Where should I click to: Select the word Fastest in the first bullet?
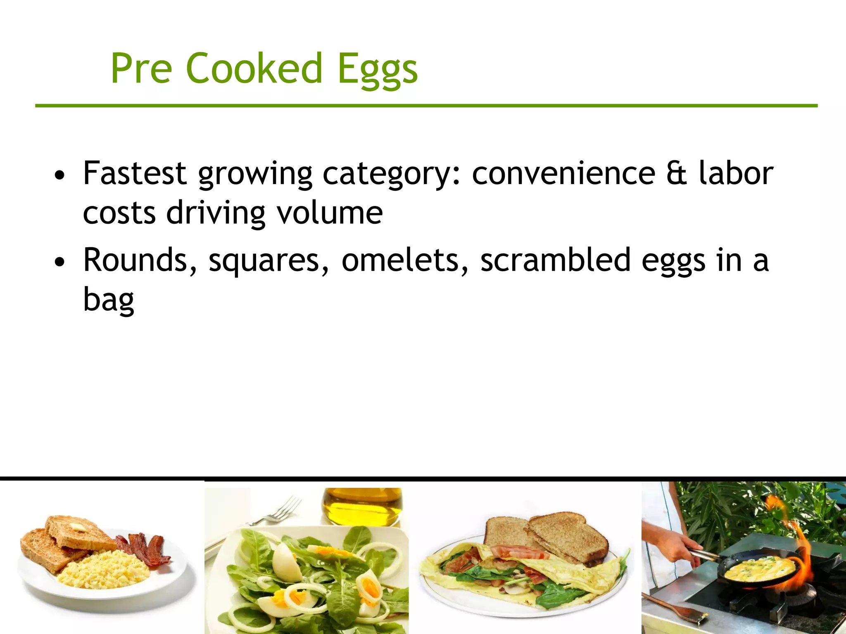134,173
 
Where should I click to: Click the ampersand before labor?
677,173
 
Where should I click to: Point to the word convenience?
563,173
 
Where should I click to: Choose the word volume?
329,213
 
